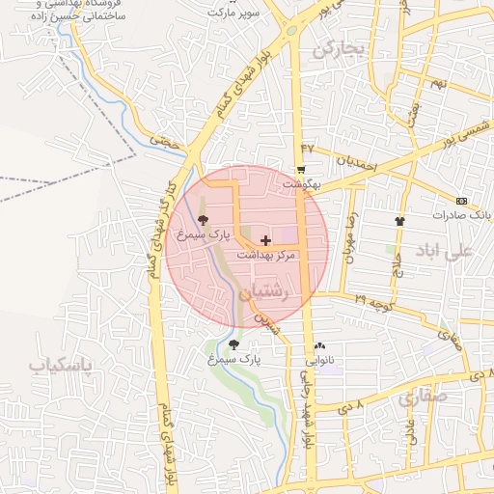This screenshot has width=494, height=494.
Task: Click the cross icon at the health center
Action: coord(266,238)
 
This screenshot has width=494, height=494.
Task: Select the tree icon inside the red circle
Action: coord(202,219)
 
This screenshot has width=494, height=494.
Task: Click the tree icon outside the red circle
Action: coord(234,343)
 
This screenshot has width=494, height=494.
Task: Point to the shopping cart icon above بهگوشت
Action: coord(302,169)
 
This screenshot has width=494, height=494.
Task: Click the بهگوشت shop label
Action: coord(300,182)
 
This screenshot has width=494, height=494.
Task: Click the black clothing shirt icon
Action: coord(399,221)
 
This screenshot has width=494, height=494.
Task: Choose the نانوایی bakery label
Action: coord(319,361)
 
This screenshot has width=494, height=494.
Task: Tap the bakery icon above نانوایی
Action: coord(319,346)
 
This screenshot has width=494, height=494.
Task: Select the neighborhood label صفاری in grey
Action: coord(422,396)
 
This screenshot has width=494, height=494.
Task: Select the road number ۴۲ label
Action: coord(308,147)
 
